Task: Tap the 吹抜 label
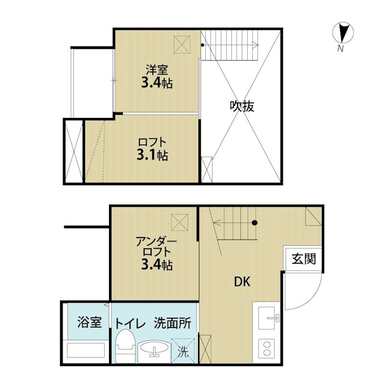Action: coord(241,106)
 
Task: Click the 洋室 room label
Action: coord(157,70)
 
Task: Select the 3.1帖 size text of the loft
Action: coord(152,155)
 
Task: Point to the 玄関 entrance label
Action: coord(304,259)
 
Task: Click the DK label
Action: coord(242,282)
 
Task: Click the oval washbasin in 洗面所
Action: coord(154,348)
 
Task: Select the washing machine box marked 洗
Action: coord(183,350)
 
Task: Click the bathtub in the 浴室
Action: coord(86,350)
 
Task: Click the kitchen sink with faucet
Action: coord(268,318)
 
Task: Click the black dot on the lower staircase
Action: coord(254,223)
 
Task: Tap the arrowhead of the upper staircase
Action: coord(256,45)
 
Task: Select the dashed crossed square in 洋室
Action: coord(182,44)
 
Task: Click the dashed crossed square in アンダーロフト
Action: coord(179,222)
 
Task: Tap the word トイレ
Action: coord(130,324)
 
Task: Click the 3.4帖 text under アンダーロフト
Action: coord(157,264)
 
